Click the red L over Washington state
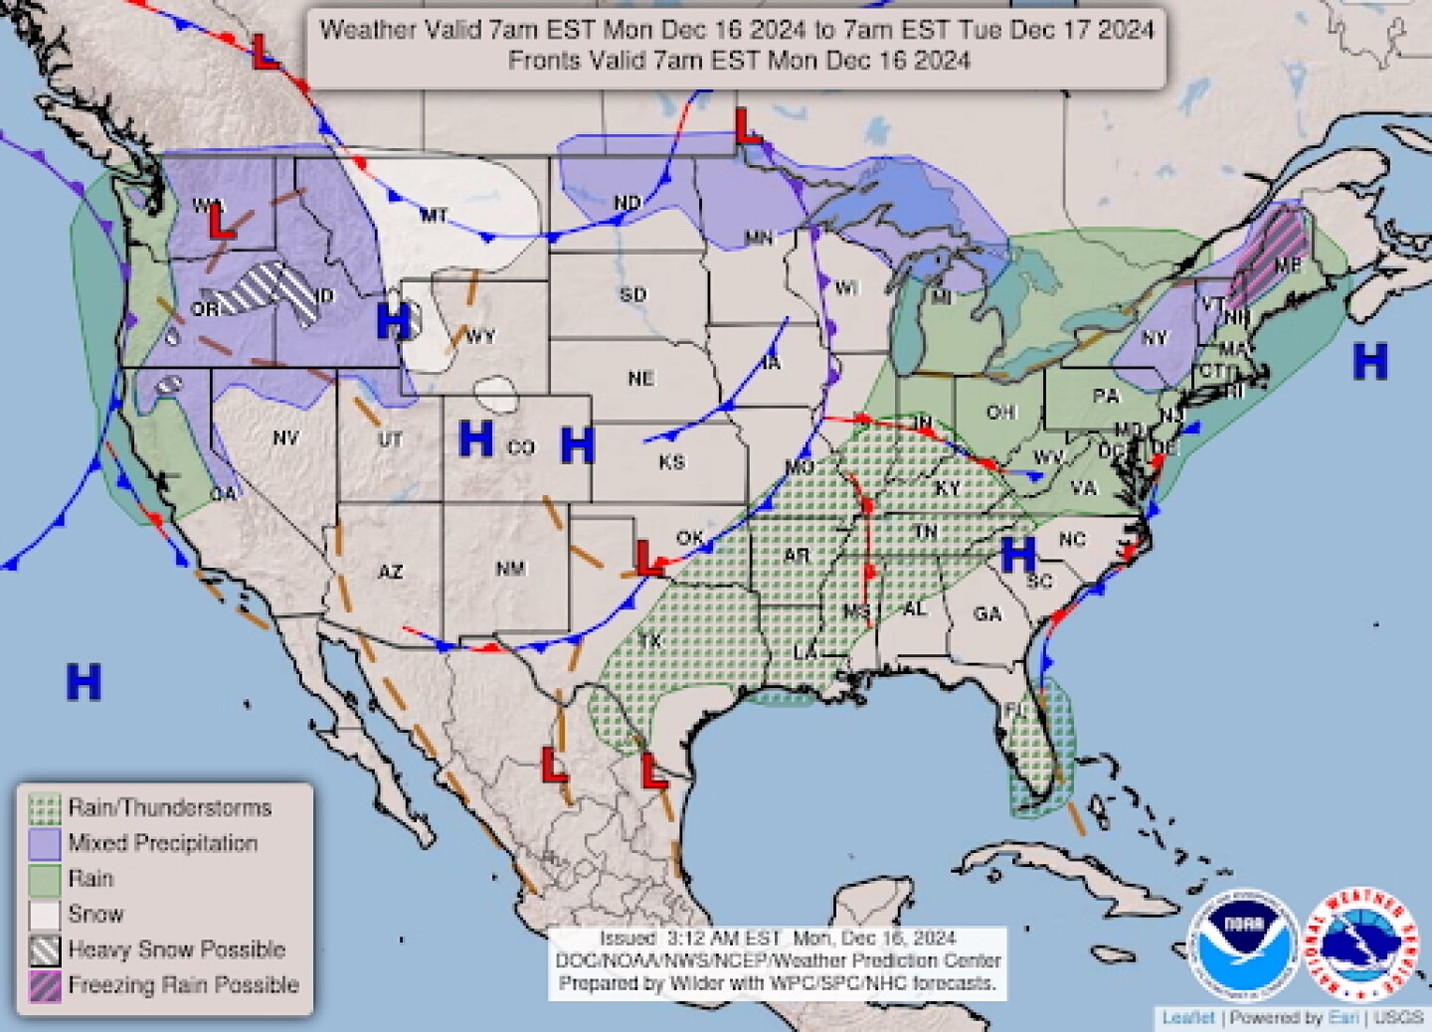220,221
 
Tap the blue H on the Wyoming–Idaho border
393,321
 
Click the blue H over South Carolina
1018,555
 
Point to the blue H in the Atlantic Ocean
1369,361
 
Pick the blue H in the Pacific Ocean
84,682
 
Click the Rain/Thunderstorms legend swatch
45,808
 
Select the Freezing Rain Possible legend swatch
45,985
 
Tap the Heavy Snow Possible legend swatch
45,950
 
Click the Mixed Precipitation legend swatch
45,844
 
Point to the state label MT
433,215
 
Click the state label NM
510,569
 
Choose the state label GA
987,614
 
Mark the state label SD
632,294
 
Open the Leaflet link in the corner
1188,1018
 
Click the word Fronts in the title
541,60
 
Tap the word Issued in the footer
626,939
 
